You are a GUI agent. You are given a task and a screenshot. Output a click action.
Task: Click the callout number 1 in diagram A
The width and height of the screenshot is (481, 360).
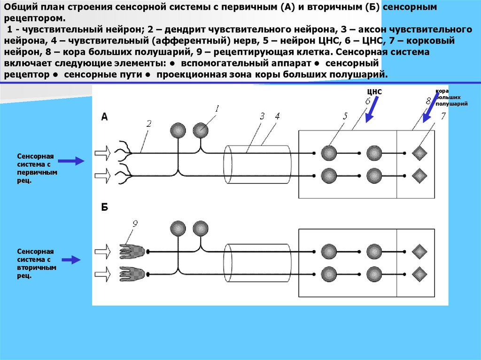click(x=217, y=108)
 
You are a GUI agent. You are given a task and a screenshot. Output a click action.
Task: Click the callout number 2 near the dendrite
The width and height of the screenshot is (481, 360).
click(x=149, y=124)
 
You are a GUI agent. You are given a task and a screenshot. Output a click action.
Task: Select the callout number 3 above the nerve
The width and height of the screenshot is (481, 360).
click(x=263, y=116)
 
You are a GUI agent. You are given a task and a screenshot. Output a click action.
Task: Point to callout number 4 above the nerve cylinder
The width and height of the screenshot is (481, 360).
click(x=277, y=116)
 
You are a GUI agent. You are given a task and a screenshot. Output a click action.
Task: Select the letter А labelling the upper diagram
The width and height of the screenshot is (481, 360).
click(x=105, y=118)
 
